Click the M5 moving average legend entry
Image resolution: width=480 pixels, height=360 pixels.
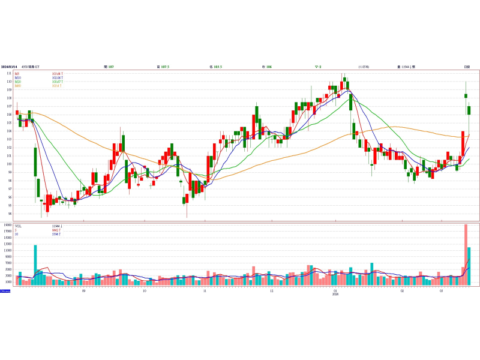(17, 74)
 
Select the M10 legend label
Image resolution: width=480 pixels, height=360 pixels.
(18, 78)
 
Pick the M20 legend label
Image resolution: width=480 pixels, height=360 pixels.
(18, 82)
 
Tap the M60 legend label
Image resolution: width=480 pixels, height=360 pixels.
(18, 86)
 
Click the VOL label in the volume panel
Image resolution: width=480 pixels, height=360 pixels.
(18, 226)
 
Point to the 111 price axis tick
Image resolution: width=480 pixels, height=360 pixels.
(9, 73)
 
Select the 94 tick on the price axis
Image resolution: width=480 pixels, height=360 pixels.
(9, 214)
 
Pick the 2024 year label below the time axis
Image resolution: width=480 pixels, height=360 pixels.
(335, 294)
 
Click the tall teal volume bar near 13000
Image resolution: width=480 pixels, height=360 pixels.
(35, 265)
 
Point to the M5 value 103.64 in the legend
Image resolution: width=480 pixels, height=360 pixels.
(58, 74)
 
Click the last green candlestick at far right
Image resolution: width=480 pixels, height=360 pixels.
(469, 110)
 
